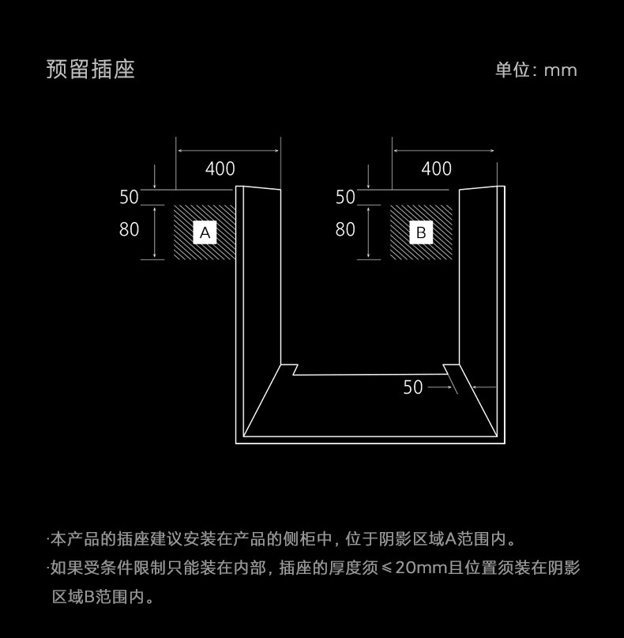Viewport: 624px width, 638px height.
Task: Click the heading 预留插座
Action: click(x=91, y=69)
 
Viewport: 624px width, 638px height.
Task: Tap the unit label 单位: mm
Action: click(x=536, y=70)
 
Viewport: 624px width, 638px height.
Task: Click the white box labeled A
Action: click(x=205, y=232)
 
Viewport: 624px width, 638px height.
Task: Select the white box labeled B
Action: click(x=421, y=232)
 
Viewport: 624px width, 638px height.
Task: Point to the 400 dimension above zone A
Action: click(x=220, y=168)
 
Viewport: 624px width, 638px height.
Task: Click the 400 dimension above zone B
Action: click(x=437, y=168)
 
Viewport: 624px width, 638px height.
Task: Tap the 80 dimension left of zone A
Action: click(x=129, y=229)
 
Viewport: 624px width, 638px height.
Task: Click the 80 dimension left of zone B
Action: click(x=345, y=229)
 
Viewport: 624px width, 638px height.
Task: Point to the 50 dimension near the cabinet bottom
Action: click(x=413, y=387)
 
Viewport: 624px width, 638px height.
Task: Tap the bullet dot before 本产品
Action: click(x=48, y=540)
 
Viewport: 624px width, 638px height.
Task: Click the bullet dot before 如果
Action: click(x=48, y=568)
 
